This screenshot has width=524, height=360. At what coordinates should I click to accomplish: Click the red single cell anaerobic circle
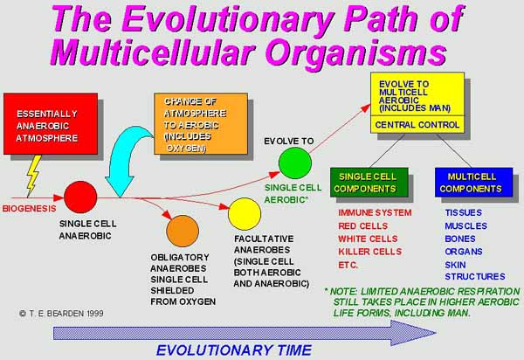80,197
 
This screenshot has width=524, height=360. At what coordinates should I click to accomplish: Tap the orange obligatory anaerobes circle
183,231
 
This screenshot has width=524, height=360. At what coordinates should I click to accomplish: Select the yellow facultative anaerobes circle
245,214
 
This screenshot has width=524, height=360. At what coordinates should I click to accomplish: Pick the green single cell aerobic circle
295,163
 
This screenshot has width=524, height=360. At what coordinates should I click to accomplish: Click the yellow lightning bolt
34,175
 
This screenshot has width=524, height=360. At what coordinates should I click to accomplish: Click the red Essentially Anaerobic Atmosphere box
51,124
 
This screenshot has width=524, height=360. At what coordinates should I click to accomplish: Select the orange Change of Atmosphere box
201,124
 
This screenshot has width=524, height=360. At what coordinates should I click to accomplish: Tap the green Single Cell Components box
369,182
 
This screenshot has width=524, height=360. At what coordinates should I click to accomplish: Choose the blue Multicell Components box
474,182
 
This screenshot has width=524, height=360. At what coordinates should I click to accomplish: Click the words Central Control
417,125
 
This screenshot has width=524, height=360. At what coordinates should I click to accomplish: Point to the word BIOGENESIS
30,209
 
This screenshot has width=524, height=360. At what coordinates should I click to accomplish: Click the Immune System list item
375,213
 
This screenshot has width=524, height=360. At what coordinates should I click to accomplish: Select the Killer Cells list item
370,252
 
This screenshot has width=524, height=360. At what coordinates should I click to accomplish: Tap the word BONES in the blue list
460,239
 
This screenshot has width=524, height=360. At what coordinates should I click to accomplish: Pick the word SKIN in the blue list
455,265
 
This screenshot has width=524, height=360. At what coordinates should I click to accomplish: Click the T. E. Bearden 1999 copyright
61,314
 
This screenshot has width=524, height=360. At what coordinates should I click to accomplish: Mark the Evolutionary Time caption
234,350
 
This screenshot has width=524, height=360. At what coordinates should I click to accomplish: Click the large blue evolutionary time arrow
245,333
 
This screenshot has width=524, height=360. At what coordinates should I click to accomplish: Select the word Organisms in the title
356,52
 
